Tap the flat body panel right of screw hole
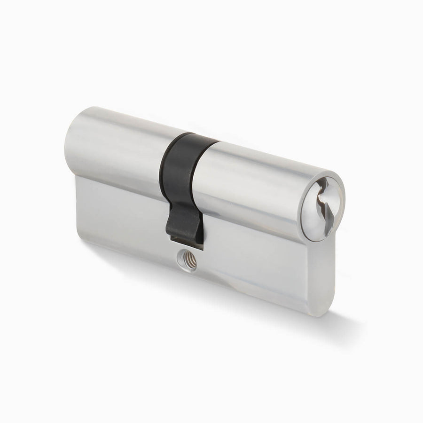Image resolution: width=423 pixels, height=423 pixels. click(x=254, y=263)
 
